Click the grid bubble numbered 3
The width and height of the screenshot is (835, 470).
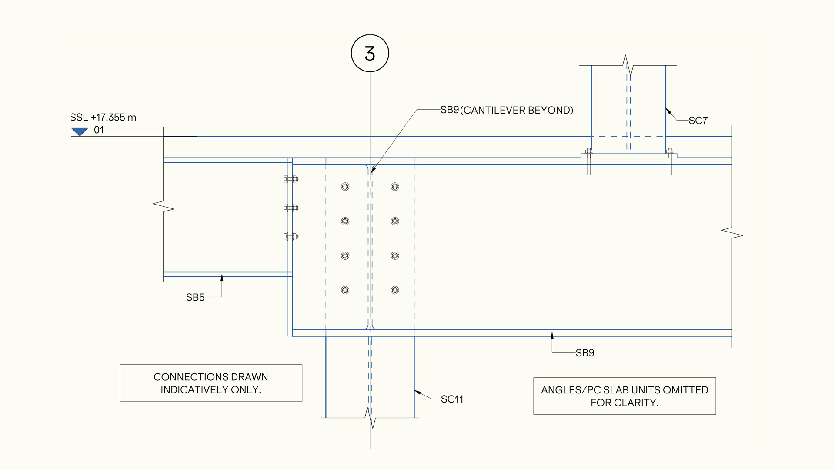pos(370,54)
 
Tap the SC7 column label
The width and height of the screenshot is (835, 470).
pos(698,121)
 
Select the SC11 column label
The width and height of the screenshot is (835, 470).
pos(452,399)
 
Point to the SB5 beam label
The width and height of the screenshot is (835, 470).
pos(195,298)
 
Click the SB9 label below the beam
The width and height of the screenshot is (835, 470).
pos(585,353)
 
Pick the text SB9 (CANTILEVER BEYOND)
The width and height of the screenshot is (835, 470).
pos(507,110)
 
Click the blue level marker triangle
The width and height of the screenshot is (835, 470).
pos(80,131)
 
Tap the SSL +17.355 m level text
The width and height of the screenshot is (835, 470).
pos(104,117)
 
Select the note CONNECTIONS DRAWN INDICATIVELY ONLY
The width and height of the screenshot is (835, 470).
pos(211,383)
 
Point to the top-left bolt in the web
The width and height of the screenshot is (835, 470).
pos(345,187)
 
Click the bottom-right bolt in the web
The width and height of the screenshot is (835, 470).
pos(395,290)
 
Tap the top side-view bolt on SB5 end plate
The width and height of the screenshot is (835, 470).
pos(291,179)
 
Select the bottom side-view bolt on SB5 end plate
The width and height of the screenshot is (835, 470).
pos(291,237)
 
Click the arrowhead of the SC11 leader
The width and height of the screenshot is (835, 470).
pos(417,392)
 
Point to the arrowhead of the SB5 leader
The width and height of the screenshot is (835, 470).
pos(222,277)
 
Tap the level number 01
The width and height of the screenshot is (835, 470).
pos(99,130)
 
